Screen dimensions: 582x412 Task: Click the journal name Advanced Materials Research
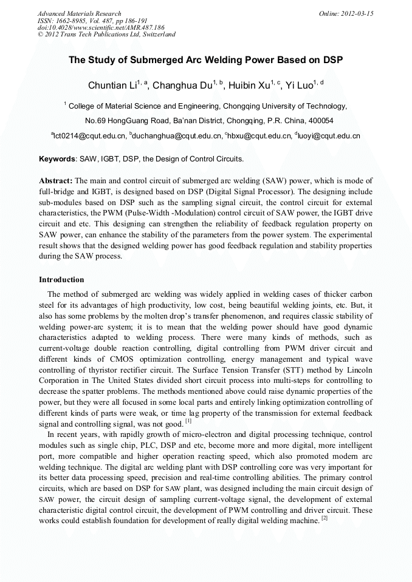pos(79,13)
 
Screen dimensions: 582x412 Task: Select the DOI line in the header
pos(101,27)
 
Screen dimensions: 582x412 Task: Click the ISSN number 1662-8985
pos(74,21)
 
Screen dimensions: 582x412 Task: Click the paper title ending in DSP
pos(205,60)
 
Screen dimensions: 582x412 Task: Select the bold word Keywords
pos(57,159)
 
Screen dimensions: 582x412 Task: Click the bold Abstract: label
pos(56,181)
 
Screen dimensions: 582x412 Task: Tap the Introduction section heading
pos(61,280)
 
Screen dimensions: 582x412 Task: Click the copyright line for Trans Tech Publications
pos(106,35)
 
